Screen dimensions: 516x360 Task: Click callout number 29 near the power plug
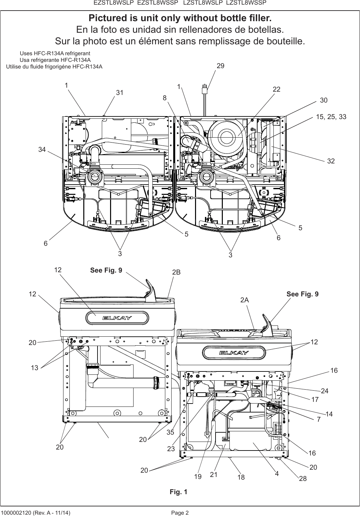[220, 66]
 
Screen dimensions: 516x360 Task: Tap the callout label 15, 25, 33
[331, 117]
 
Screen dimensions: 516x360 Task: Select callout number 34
[42, 150]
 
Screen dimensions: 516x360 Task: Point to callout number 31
[119, 93]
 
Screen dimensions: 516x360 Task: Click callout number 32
[331, 161]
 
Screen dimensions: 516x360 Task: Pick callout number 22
[276, 90]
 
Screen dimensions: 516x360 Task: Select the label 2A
[245, 300]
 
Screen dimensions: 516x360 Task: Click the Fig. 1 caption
[179, 492]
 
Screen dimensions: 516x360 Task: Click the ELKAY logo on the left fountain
[117, 318]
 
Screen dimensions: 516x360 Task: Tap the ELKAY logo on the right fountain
[234, 353]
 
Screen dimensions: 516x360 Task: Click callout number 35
[170, 432]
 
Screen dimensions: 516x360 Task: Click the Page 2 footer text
[180, 513]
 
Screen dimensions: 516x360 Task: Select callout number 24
[325, 391]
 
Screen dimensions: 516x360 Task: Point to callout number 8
[164, 98]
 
